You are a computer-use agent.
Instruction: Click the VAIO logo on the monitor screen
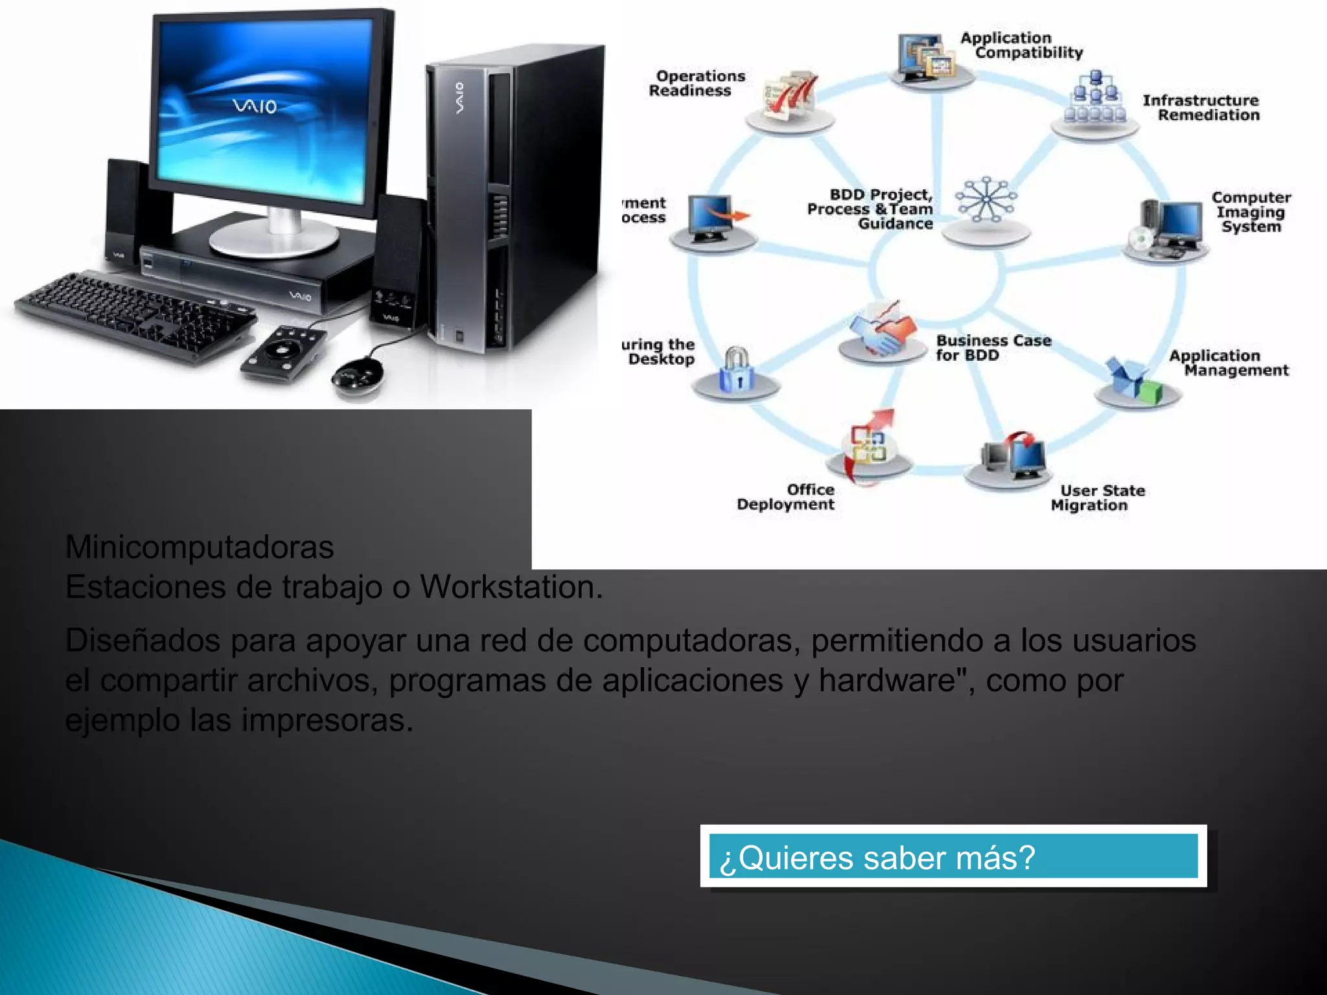pos(255,106)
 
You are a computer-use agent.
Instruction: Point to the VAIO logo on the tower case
pos(459,97)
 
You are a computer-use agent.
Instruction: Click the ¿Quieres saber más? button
pos(952,856)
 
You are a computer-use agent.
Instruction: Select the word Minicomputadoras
pos(200,547)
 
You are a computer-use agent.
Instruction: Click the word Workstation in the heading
pos(511,587)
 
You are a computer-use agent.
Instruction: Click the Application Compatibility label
pos(1021,45)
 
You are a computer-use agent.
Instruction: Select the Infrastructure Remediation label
pos(1201,108)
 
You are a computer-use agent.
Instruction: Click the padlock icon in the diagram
pos(735,370)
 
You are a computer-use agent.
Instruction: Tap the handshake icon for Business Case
pos(883,330)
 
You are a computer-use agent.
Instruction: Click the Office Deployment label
pos(785,497)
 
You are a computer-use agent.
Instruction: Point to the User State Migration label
pos(1097,497)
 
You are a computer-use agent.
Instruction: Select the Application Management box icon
pos(1136,380)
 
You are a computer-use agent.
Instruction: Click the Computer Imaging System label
pos(1251,212)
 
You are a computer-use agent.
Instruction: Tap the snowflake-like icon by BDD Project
pos(986,200)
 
